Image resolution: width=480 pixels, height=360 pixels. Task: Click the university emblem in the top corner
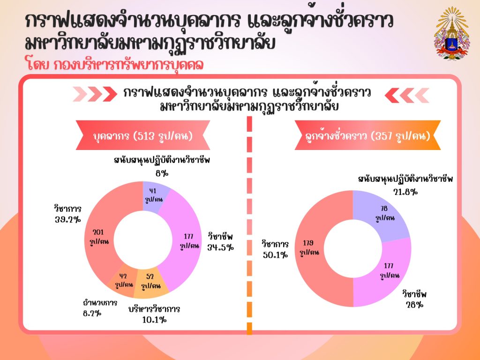451,34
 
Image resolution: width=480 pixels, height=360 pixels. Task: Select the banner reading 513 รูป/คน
143,135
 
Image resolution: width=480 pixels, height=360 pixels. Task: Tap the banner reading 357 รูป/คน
367,135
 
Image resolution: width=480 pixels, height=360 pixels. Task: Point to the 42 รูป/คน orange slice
123,282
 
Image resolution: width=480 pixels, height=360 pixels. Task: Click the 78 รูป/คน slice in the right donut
384,213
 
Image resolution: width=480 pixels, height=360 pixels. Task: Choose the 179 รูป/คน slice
309,248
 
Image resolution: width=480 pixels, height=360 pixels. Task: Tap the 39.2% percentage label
68,219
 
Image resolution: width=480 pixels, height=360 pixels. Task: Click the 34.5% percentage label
220,247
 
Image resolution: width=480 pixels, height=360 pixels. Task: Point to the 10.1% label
154,320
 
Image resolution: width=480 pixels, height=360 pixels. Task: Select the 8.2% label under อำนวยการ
92,313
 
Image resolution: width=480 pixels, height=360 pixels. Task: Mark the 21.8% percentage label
405,192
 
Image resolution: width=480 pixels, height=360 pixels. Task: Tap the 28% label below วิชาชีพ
414,305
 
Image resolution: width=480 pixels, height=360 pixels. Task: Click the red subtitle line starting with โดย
115,65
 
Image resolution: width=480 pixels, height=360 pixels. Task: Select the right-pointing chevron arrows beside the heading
95,94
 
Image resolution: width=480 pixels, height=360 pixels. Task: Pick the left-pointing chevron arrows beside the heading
407,95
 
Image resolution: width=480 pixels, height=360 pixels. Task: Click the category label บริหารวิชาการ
154,309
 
